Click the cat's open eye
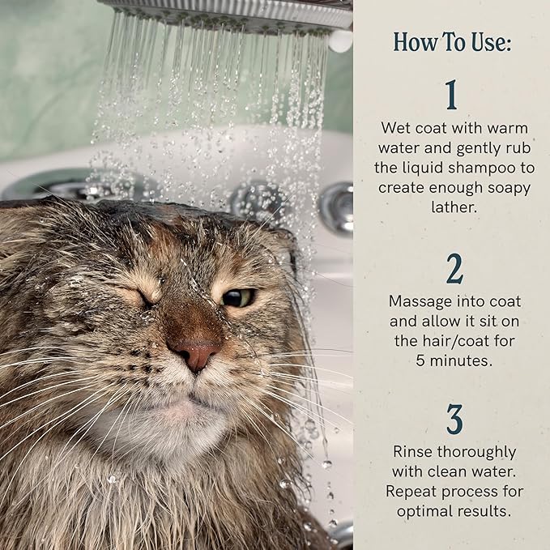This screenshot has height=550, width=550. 238,297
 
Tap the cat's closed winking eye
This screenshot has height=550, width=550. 147,297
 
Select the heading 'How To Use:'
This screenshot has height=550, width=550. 452,42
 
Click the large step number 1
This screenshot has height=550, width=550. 451,95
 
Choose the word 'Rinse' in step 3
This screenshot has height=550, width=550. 413,451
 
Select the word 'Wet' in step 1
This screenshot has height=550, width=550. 394,128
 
